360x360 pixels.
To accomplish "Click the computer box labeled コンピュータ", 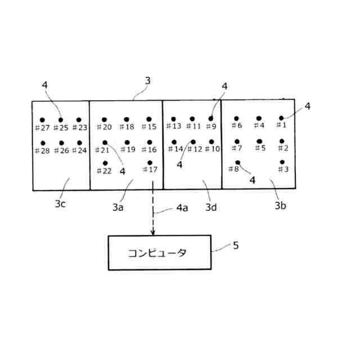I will (x=159, y=253).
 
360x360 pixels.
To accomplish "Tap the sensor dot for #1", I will (x=281, y=118).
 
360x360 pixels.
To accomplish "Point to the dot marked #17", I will (x=150, y=163).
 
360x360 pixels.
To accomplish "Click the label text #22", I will (x=105, y=171).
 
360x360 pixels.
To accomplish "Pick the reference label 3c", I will (x=61, y=204).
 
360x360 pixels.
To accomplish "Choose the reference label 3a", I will (x=118, y=207).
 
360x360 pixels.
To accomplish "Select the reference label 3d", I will (x=211, y=207).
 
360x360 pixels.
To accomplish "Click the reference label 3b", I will (x=281, y=206).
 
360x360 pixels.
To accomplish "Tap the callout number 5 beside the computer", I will (x=235, y=245).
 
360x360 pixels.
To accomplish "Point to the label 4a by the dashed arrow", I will (x=182, y=208).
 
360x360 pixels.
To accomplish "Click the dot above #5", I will (x=259, y=141).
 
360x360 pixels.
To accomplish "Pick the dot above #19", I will (x=127, y=142).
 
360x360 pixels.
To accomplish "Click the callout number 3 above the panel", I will (x=147, y=80).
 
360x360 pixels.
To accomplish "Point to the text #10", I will (x=212, y=149).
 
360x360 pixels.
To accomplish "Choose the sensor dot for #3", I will (x=281, y=162).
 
